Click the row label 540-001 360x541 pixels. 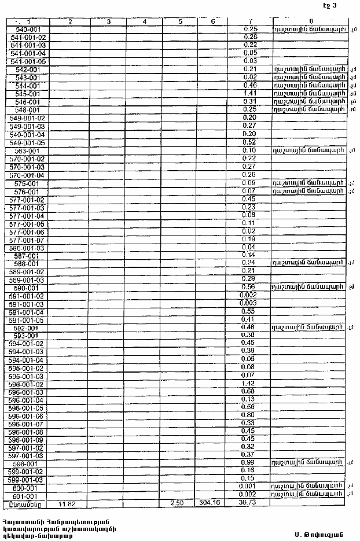click(x=28, y=29)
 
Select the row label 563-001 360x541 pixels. click(x=28, y=150)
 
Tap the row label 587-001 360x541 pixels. click(x=28, y=255)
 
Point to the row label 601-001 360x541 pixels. click(x=25, y=496)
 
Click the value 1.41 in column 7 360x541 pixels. click(x=251, y=93)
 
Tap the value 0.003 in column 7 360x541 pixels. click(x=247, y=303)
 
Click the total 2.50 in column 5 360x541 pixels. click(x=181, y=504)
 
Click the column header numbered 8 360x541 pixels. click(x=311, y=21)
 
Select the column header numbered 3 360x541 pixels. click(x=108, y=21)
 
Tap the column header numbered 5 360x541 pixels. click(x=181, y=21)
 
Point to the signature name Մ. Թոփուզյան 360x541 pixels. click(x=318, y=534)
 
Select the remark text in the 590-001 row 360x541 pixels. click(x=309, y=287)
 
